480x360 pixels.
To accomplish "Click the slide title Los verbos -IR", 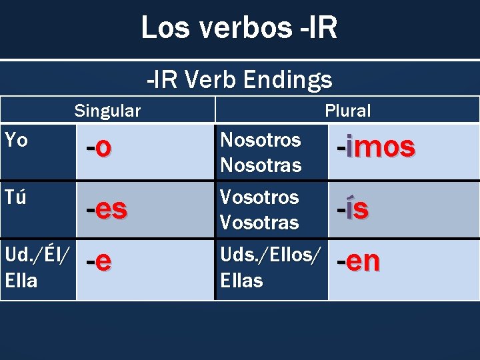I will point(239,28).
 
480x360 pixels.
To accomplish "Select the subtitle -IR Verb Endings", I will point(239,80).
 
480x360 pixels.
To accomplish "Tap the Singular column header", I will point(107,111).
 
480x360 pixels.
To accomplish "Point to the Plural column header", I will point(347,111).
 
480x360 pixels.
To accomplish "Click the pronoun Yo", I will point(16,140).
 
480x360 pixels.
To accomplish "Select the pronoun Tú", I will point(15,197).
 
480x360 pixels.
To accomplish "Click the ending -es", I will point(107,209).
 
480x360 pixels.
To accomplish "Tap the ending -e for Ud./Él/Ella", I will point(99,261).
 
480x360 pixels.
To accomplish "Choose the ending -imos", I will point(375,147).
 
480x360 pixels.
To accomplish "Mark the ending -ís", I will point(353,209).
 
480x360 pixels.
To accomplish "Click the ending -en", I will point(358,261).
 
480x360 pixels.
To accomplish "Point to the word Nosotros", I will point(260,140).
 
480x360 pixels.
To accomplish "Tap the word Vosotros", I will point(259,197).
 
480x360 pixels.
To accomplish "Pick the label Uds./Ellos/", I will point(270,255).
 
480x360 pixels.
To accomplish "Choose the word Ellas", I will point(241,281).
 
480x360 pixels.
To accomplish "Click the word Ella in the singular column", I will point(21,281).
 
